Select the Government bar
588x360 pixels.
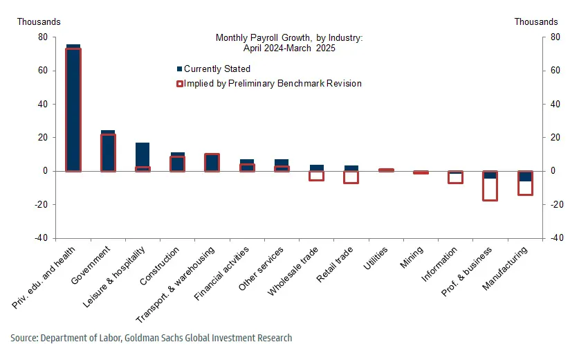click(x=108, y=152)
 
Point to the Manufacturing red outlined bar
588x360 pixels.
click(x=525, y=183)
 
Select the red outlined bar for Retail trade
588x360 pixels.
click(x=351, y=177)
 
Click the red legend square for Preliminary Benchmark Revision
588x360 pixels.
click(x=180, y=84)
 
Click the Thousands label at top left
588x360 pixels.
click(x=39, y=22)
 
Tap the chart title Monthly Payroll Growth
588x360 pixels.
click(x=288, y=37)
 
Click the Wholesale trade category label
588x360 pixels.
click(x=295, y=271)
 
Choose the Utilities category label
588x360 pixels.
click(x=380, y=258)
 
